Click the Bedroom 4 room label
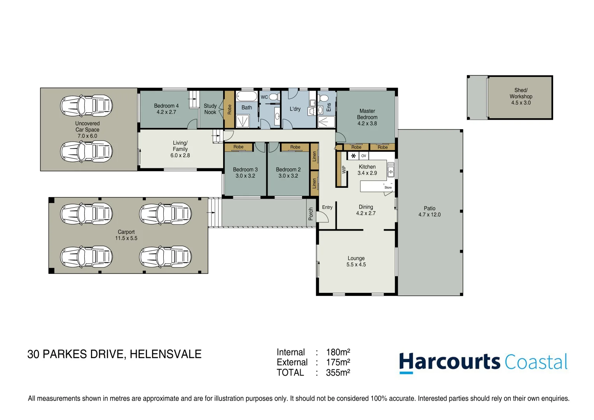click(x=166, y=106)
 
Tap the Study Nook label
click(x=210, y=109)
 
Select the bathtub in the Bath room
click(x=246, y=96)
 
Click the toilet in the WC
click(x=274, y=97)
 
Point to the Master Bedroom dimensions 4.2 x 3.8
click(x=367, y=124)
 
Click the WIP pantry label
click(x=344, y=170)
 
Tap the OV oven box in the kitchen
click(x=363, y=156)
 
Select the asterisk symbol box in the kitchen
click(x=353, y=156)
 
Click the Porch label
click(x=311, y=213)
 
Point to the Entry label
click(x=327, y=207)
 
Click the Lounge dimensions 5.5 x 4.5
click(x=356, y=265)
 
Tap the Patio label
click(x=429, y=208)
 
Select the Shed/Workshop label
click(x=521, y=93)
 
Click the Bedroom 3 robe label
click(x=238, y=147)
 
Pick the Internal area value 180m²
click(x=338, y=352)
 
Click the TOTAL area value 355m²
click(x=338, y=373)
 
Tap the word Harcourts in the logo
click(x=449, y=362)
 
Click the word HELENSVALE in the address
click(x=166, y=354)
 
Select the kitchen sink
click(x=391, y=170)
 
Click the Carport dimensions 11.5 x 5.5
click(x=126, y=238)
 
